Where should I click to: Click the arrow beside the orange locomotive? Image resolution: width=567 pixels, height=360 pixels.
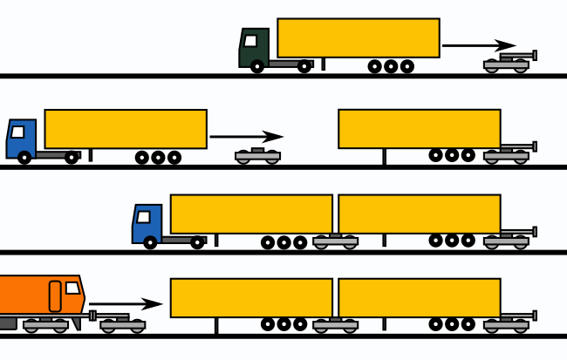126,303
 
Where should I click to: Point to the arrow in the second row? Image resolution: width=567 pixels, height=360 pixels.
247,136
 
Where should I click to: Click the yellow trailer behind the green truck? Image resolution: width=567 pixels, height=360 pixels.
358,37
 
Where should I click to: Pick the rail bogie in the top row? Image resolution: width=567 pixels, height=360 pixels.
508,63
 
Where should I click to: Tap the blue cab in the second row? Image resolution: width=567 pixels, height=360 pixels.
21,139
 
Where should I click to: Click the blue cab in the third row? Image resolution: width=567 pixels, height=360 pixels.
147,224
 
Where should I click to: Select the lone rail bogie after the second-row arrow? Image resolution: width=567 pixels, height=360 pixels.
257,156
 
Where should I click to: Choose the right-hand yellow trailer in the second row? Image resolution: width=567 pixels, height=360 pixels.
419,128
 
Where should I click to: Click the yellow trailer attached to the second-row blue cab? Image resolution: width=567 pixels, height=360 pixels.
125,128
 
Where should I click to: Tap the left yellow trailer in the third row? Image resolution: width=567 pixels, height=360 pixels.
250,214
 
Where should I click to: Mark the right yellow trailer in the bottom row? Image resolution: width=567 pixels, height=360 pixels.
419,297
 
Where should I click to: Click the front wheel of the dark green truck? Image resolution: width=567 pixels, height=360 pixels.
256,66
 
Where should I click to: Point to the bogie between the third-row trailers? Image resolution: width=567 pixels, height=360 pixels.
335,241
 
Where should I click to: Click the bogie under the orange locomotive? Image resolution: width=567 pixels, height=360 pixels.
45,325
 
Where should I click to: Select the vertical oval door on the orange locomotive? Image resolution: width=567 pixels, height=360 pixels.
55,296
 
